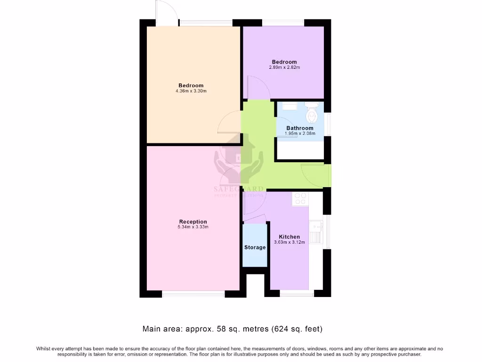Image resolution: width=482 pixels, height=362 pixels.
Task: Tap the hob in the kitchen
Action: tap(299, 199)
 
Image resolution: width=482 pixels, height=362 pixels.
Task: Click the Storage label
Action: tap(255, 247)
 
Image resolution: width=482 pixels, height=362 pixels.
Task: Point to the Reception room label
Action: tap(193, 222)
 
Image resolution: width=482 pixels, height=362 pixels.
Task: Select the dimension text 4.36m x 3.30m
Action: tap(191, 91)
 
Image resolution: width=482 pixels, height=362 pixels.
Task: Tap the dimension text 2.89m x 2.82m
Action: tap(284, 67)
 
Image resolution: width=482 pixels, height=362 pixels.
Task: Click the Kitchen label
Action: tap(289, 237)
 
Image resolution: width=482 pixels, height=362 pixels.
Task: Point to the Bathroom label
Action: tap(300, 128)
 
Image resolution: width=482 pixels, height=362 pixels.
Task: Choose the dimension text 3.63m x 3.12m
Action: tap(289, 242)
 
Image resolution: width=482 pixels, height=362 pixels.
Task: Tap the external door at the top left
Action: tap(168, 13)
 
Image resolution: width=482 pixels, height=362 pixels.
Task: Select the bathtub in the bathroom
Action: tap(300, 150)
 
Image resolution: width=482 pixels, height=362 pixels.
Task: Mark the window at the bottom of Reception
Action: tap(193, 294)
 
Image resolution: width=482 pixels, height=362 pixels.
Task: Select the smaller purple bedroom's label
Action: tap(284, 62)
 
